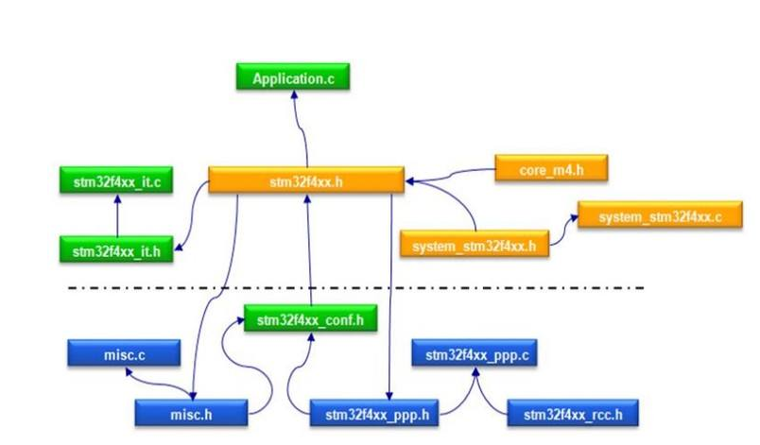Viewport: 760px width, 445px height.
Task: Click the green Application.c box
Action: tap(293, 77)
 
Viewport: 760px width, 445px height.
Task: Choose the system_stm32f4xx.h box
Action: tap(475, 246)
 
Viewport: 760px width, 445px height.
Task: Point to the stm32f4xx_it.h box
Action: tap(116, 250)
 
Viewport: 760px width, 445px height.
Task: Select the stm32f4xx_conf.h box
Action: tap(310, 319)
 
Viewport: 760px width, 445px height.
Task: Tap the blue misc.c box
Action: tap(123, 354)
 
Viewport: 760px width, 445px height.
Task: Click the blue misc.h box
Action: tap(192, 414)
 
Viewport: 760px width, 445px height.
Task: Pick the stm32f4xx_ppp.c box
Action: tap(475, 354)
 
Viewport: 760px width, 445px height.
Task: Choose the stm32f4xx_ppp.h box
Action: tap(377, 414)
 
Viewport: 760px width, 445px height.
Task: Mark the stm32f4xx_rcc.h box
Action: tap(573, 414)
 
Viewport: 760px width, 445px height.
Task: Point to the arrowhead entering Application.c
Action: tap(294, 94)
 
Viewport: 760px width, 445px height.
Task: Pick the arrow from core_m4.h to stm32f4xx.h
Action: tap(454, 174)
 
